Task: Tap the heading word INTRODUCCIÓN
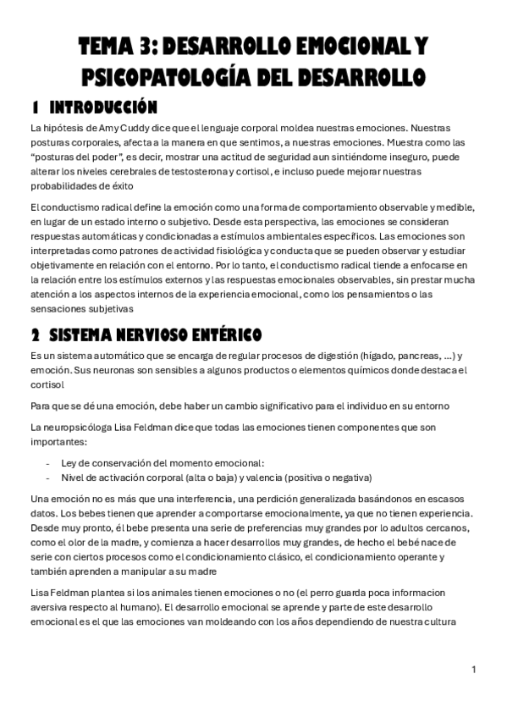pos(103,108)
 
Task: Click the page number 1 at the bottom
pos(474,669)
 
